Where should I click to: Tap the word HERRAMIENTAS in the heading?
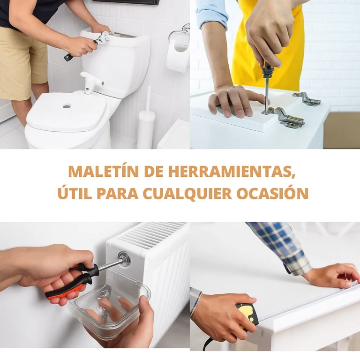click(232, 172)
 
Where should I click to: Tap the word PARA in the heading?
click(117, 194)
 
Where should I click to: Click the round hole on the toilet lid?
click(67, 106)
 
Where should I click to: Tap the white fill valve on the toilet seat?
click(92, 82)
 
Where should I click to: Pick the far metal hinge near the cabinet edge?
click(307, 98)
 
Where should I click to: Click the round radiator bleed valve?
click(124, 259)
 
